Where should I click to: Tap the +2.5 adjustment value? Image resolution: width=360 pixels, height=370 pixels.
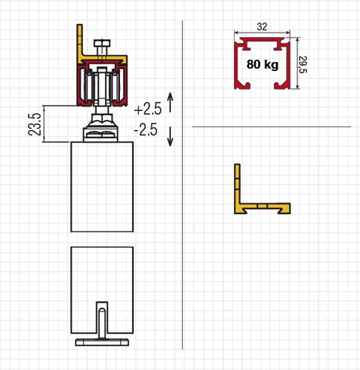click(147, 108)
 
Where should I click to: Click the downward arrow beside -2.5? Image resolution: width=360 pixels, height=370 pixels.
click(171, 135)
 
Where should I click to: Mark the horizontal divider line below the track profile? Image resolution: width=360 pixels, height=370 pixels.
click(271, 127)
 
